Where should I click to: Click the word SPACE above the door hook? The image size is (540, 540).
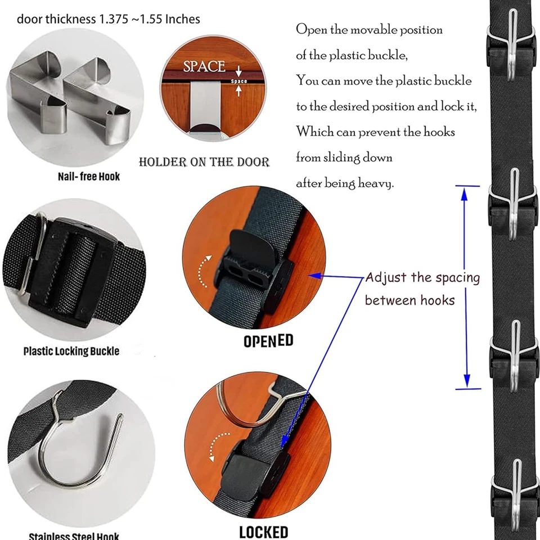point(204,66)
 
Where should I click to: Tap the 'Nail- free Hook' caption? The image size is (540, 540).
point(89,176)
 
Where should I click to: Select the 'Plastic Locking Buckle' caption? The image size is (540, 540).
point(71,351)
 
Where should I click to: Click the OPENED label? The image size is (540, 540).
point(268,341)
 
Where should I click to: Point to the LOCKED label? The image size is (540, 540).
point(263,532)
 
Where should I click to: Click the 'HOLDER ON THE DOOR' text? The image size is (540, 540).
point(204,163)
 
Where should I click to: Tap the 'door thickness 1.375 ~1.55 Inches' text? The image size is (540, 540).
point(109,19)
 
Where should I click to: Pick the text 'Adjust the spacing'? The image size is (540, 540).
point(422,277)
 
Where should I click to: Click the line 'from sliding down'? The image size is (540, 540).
point(344,157)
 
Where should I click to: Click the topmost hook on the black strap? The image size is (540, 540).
point(511,45)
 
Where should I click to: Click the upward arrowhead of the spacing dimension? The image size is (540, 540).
point(465,194)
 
